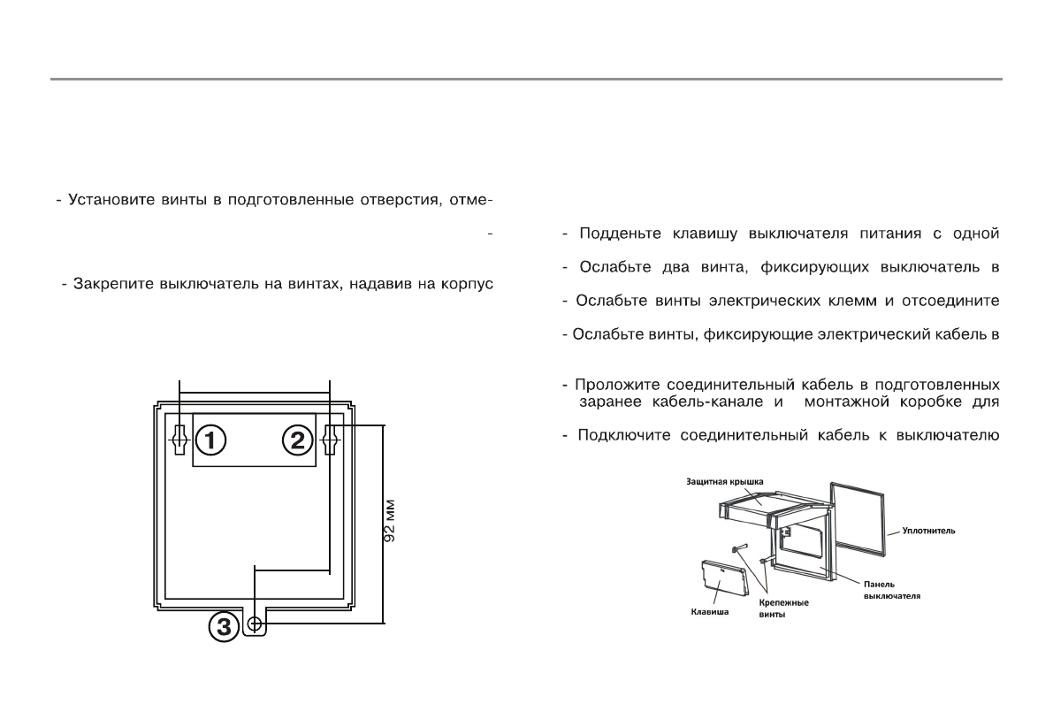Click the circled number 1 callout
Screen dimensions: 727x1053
[211, 438]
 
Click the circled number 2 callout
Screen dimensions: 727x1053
[297, 438]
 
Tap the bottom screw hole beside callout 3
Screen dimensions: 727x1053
[256, 625]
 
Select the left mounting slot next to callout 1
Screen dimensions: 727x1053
[179, 438]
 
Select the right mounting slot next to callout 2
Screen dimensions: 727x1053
[331, 438]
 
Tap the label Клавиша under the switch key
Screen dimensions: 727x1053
[708, 610]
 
